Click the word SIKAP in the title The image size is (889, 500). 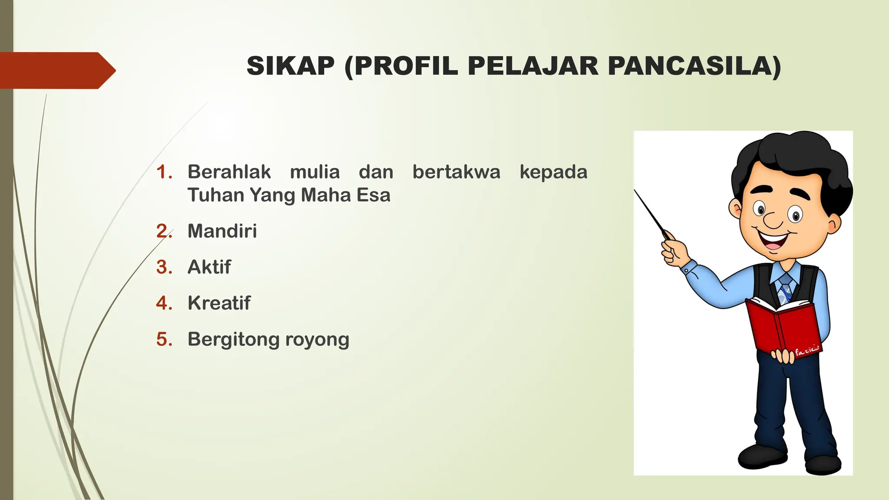pyautogui.click(x=290, y=66)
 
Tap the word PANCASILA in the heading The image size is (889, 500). pyautogui.click(x=694, y=66)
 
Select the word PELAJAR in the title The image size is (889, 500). pyautogui.click(x=533, y=66)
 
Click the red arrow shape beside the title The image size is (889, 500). pyautogui.click(x=56, y=70)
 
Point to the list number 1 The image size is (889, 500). pyautogui.click(x=164, y=172)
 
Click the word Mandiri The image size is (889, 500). pyautogui.click(x=222, y=231)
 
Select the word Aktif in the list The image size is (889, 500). pyautogui.click(x=209, y=267)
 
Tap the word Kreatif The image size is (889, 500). pyautogui.click(x=219, y=303)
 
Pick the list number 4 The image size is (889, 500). pyautogui.click(x=164, y=303)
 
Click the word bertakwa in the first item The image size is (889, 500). pyautogui.click(x=456, y=172)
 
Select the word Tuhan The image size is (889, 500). pyautogui.click(x=215, y=195)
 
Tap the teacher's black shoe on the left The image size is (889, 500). pyautogui.click(x=762, y=456)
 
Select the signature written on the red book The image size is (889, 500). pyautogui.click(x=807, y=350)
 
